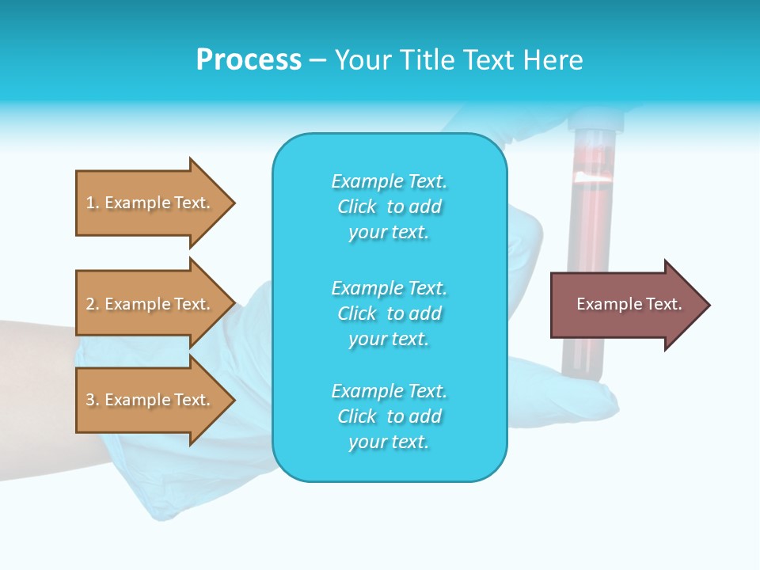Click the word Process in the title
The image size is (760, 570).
click(249, 60)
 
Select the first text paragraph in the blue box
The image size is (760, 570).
click(389, 207)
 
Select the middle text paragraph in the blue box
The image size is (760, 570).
click(389, 313)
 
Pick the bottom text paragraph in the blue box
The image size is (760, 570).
click(389, 416)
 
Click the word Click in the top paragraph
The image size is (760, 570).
click(356, 207)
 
